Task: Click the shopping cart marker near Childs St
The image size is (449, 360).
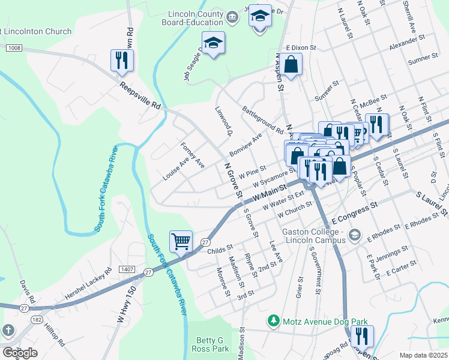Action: pyautogui.click(x=181, y=241)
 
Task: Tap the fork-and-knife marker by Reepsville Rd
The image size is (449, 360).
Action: pyautogui.click(x=122, y=60)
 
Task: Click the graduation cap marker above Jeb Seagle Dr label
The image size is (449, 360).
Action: pyautogui.click(x=212, y=43)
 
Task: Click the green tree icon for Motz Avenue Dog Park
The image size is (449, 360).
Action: pyautogui.click(x=274, y=321)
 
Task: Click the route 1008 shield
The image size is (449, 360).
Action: pyautogui.click(x=15, y=47)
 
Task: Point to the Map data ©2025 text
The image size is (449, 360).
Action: pyautogui.click(x=423, y=355)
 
